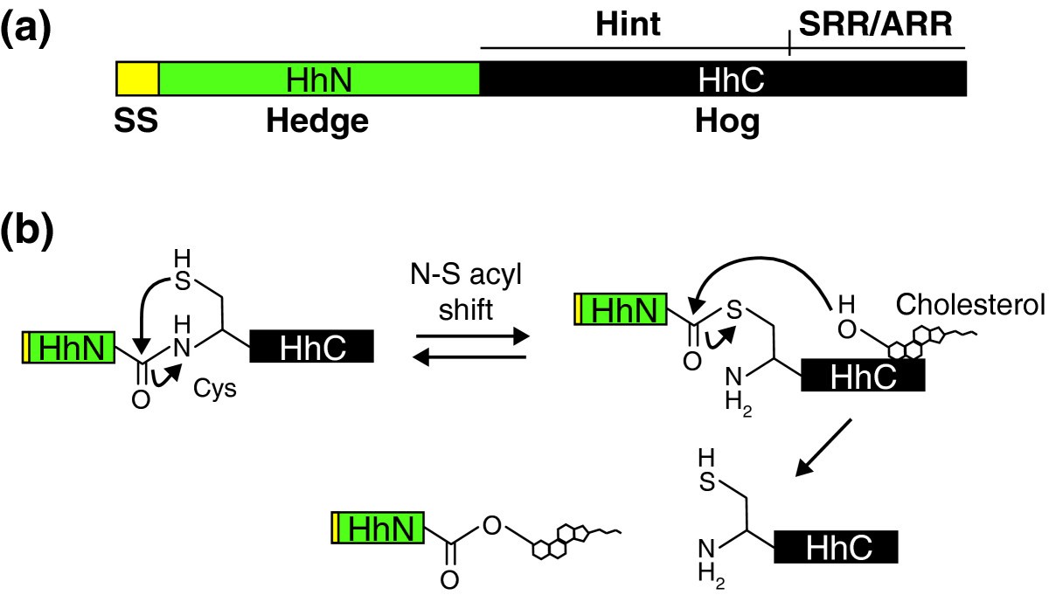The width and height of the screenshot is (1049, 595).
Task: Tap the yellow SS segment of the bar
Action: (x=137, y=79)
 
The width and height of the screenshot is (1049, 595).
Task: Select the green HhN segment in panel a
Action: (x=319, y=79)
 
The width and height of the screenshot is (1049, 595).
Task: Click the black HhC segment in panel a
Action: (x=723, y=79)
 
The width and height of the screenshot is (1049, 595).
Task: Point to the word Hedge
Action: (x=318, y=123)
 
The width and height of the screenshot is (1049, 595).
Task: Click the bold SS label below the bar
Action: (x=136, y=123)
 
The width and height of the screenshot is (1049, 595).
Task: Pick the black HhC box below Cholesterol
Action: (x=862, y=377)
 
